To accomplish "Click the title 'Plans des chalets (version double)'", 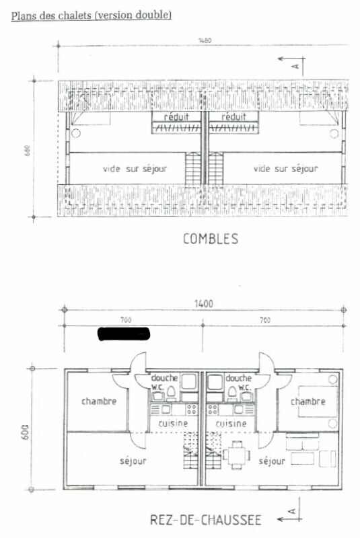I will tap(91, 14).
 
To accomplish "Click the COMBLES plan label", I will tap(210, 239).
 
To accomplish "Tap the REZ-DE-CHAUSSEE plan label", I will tap(205, 519).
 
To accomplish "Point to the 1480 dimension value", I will tap(205, 41).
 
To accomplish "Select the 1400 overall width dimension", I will tap(204, 304).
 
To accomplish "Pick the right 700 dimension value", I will tap(264, 321).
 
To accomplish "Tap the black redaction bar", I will tap(124, 333).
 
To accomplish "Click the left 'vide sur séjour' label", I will tap(135, 169).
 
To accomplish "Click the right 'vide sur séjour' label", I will tap(285, 169).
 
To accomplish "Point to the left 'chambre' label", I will tap(99, 401).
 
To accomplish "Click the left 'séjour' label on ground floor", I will tap(133, 461).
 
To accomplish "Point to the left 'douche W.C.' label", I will tap(164, 382).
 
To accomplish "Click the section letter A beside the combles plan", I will tap(294, 65).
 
